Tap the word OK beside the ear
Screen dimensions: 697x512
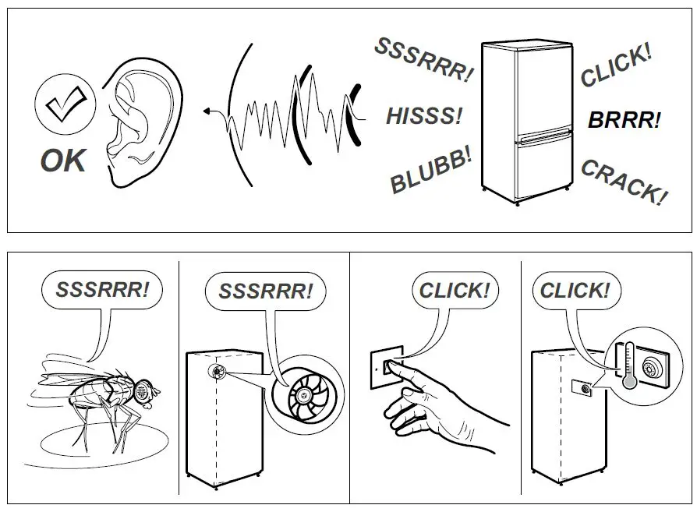tap(63, 161)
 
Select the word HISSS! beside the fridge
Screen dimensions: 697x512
tap(424, 116)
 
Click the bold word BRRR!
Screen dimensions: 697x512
tap(624, 119)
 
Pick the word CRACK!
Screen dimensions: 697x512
tap(624, 181)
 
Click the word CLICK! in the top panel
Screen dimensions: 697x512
tap(616, 65)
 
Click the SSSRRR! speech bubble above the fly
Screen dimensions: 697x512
tap(101, 290)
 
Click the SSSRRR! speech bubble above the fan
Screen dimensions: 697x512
tap(265, 291)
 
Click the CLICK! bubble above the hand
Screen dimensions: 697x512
tap(455, 290)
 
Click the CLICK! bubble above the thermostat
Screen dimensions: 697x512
tap(575, 290)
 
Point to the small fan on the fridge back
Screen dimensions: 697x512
tap(216, 371)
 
